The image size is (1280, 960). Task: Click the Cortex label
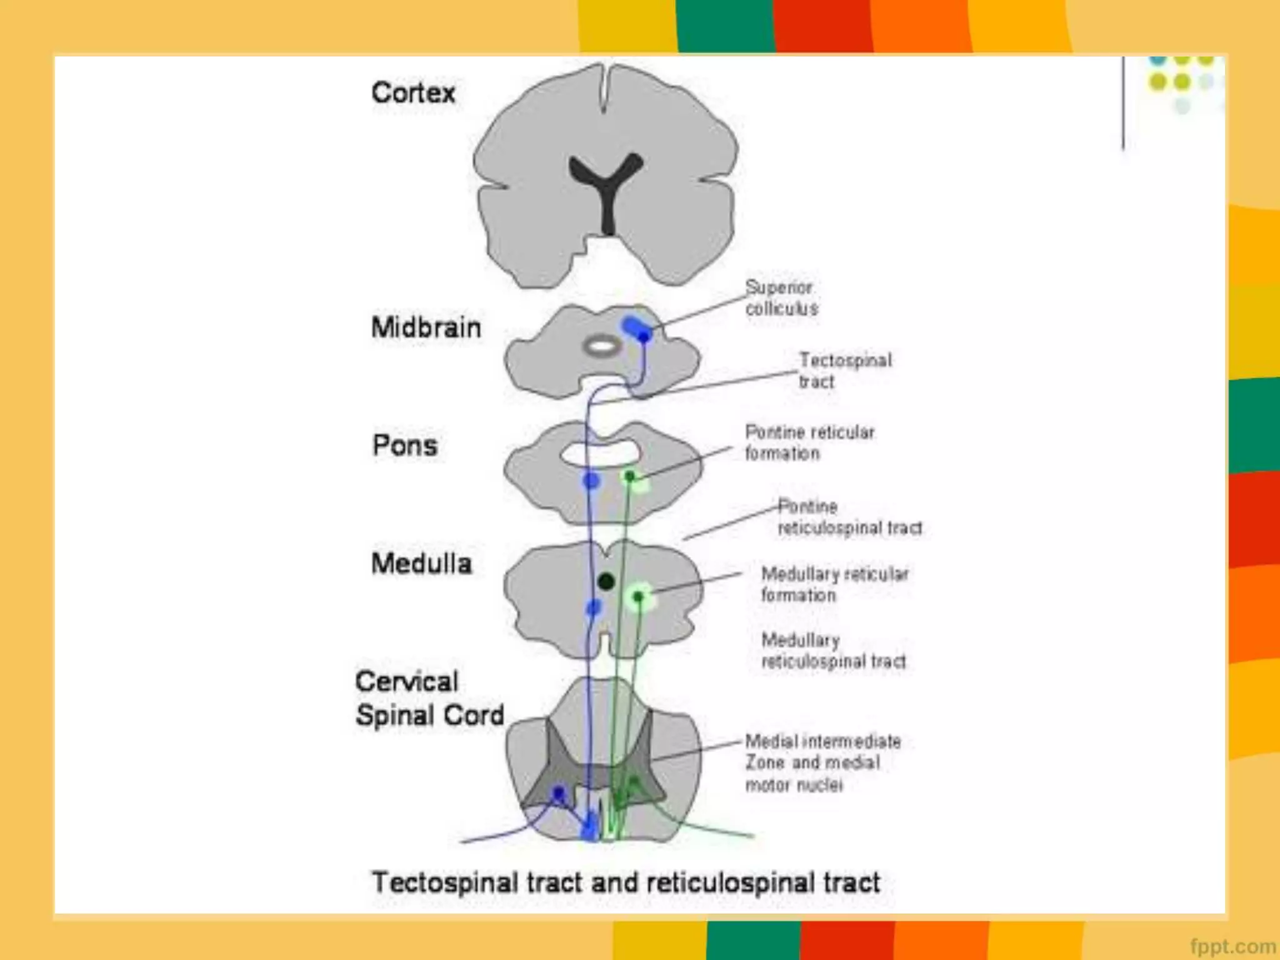413,93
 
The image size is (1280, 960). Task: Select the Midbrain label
426,327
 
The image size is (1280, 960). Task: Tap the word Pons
405,446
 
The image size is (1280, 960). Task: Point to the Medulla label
422,564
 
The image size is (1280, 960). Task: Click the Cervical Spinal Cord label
429,699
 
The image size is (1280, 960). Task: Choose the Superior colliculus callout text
781,298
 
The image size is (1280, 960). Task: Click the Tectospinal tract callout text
845,371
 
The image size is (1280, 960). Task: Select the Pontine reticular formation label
809,442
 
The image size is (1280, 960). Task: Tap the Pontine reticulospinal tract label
849,517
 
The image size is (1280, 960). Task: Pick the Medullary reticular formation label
834,584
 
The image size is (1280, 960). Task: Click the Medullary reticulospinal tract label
833,651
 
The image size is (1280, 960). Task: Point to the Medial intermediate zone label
822,763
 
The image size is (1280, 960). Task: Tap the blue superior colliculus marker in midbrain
637,329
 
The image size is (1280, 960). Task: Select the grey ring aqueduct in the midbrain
602,346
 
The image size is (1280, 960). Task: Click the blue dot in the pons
591,480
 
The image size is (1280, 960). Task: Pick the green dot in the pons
630,477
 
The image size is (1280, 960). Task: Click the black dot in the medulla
606,582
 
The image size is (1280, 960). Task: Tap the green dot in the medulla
638,597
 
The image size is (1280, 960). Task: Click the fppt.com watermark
1232,946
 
